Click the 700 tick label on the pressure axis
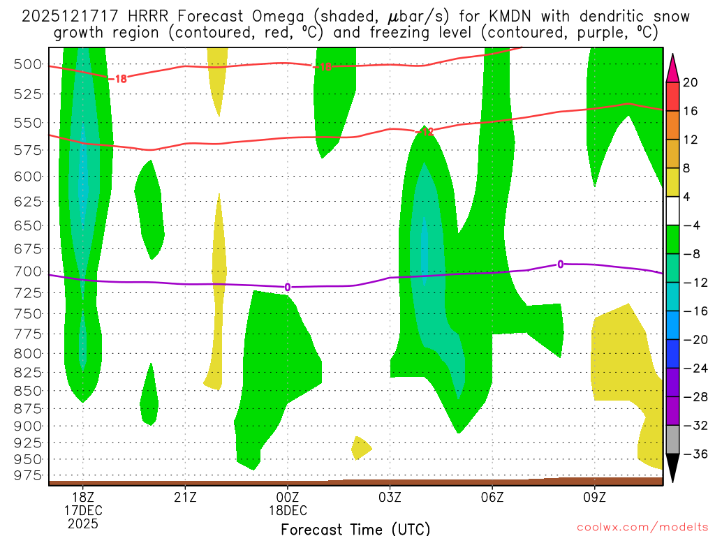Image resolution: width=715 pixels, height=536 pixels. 27,271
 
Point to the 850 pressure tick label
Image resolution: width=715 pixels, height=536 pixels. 27,390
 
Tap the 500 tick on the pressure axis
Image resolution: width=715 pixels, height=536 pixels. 27,64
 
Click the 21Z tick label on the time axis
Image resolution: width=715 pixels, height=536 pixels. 185,497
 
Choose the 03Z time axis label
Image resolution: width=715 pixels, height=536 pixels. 390,497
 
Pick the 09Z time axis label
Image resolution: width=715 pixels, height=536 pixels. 595,497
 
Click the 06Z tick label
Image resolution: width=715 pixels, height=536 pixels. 492,497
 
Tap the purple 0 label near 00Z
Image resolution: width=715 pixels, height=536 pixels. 287,287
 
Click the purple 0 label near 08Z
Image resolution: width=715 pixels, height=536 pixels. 560,264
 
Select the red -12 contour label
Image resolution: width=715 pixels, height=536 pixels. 425,131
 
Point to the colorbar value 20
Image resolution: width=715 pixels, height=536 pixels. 691,82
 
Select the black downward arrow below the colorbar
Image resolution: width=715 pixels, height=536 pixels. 673,468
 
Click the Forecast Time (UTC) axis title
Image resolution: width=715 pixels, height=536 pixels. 355,528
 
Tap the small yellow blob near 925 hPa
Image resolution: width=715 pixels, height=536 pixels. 361,447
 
